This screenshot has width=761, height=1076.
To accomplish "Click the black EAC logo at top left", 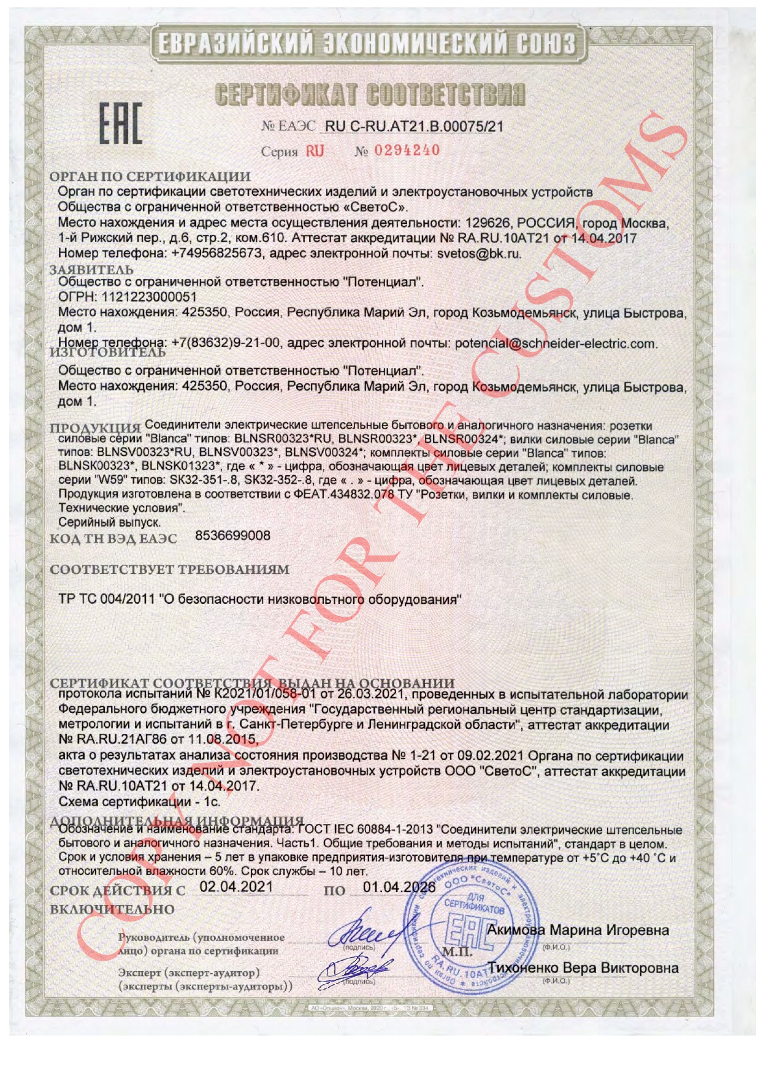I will point(121,124).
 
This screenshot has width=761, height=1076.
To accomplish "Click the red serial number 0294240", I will point(407,150).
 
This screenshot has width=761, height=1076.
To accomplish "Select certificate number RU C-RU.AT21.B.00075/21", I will point(414,127).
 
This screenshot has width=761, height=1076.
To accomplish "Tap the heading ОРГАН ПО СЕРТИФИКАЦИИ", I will point(150,177).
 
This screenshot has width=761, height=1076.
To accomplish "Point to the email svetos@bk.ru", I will point(479,253).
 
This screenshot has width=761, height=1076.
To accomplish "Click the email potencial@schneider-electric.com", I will point(556,344).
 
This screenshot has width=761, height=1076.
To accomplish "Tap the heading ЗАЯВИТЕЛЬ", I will point(91,269).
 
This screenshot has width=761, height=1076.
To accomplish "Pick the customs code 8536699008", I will point(232,536).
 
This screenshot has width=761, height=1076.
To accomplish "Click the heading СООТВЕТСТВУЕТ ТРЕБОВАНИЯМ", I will point(169,570).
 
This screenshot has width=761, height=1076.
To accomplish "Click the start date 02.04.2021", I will point(236,887).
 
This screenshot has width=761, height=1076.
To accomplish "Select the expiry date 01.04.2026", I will point(399,888).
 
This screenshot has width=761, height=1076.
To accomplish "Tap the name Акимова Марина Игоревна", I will point(578,930).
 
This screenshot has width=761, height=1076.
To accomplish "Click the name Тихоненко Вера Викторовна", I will point(583,968).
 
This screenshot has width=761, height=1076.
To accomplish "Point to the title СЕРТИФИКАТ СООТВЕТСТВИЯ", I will point(370,95).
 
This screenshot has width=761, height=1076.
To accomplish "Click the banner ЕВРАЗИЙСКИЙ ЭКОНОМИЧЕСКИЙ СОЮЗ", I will point(367,44).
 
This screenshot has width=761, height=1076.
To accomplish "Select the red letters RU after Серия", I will point(315,151).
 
